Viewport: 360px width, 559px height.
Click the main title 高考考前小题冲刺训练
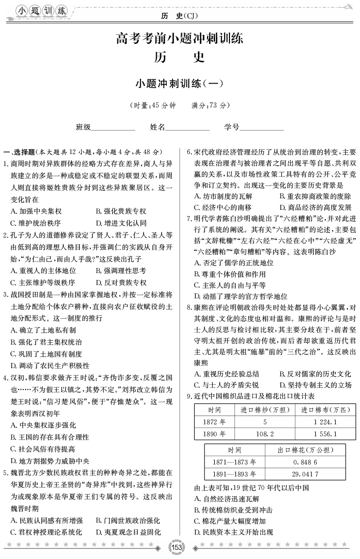180,38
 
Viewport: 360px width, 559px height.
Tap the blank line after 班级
113,128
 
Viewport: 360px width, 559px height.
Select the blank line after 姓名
187,128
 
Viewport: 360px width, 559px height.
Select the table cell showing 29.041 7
306,474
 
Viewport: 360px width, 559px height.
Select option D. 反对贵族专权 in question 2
121,283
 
